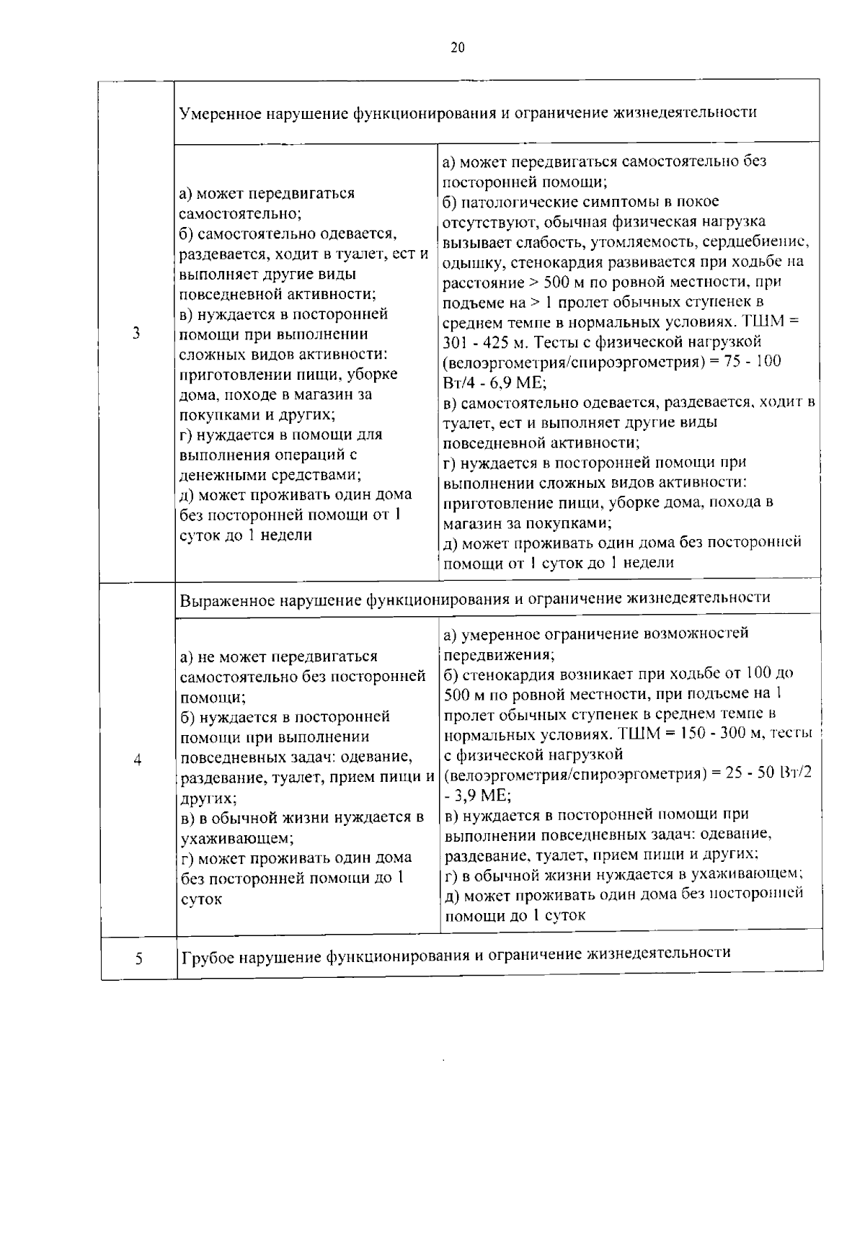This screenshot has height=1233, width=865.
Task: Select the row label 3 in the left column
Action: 136,333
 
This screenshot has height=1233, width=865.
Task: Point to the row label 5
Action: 138,959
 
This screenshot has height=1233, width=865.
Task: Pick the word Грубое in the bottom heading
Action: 207,953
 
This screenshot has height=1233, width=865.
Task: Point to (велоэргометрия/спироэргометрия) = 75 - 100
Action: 611,362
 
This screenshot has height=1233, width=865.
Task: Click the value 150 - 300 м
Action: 715,734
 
